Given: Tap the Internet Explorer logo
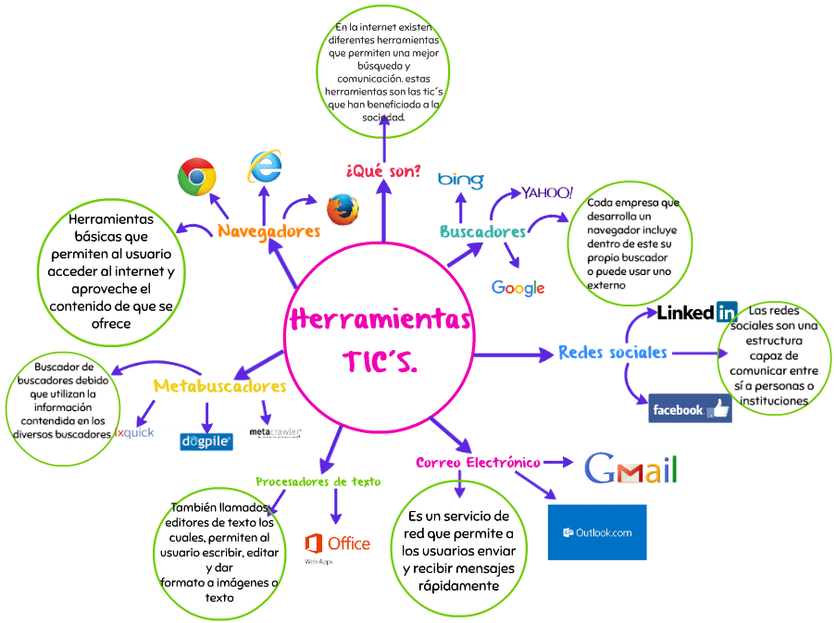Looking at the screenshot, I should click(265, 166).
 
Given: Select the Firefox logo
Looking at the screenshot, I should click(343, 209).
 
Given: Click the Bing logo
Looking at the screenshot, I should click(460, 179).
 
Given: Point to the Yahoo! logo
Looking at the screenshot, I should click(547, 193).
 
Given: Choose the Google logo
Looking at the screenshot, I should click(518, 288).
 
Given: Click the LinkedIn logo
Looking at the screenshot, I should click(696, 312).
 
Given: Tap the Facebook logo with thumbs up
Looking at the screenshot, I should click(690, 408).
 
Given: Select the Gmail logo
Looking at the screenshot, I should click(630, 469).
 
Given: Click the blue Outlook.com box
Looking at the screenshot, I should click(596, 532).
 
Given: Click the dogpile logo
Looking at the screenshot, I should click(206, 442).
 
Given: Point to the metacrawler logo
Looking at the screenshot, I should click(276, 432).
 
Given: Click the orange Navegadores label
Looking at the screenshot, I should click(269, 231).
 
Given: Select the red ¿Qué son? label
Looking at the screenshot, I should click(383, 170).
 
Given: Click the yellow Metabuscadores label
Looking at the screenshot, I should click(219, 385).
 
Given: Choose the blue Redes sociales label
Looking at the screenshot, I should click(612, 353).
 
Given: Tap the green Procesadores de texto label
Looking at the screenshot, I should click(318, 481).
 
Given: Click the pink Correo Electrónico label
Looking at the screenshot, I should click(478, 462).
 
